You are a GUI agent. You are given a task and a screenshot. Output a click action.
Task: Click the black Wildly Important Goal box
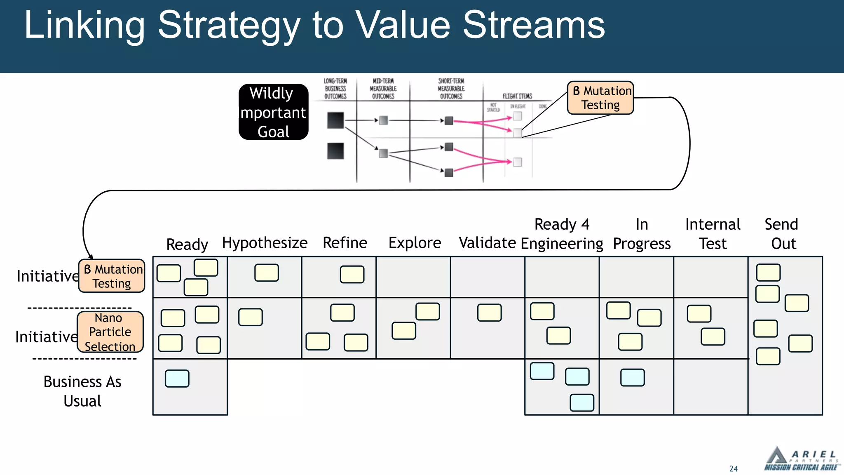coord(273,112)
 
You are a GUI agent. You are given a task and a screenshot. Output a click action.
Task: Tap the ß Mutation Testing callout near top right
coord(600,98)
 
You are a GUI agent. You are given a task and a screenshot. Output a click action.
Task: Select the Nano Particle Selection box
coord(110,332)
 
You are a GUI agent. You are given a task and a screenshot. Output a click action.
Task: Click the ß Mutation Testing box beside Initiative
coord(112,276)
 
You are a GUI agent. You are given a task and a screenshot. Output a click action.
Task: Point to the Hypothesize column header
coord(265,243)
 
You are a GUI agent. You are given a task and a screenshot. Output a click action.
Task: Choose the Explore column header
coord(415,243)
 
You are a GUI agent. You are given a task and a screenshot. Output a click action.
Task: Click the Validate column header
coord(487,243)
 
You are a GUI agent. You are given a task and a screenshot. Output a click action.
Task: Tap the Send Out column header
coord(782,234)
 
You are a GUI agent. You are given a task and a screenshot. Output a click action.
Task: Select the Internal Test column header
coord(713,234)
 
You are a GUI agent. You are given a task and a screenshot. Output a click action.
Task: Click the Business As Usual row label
coord(82,391)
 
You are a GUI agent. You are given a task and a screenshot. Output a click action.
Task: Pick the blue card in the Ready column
coord(177,379)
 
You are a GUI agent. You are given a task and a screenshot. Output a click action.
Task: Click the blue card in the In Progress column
coord(632,377)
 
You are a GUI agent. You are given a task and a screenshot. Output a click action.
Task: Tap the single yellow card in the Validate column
coord(489,313)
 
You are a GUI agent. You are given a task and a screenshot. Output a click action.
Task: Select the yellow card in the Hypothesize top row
coord(267,273)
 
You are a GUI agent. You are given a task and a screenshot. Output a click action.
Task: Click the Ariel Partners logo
coord(801,459)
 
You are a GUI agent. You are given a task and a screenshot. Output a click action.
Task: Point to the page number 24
coord(733,469)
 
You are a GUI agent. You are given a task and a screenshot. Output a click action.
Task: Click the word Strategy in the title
coord(229,26)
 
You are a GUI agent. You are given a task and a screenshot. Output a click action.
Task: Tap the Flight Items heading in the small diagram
coord(517,96)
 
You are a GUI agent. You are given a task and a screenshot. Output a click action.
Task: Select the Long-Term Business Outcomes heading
coord(335,89)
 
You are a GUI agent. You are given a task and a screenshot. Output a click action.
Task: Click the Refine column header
coord(345,243)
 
